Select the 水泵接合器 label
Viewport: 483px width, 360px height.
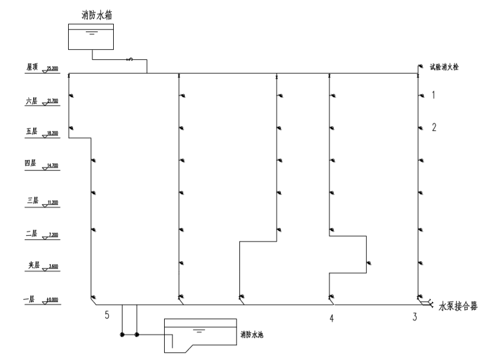tap(458, 306)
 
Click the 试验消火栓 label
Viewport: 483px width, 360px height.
tap(444, 67)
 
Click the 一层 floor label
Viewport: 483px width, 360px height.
tap(30, 300)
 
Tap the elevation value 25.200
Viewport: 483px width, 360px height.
tap(52, 68)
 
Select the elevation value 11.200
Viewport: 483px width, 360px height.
tap(52, 201)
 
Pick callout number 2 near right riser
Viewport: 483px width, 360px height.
tap(434, 127)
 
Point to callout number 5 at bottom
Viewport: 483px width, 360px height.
tap(107, 314)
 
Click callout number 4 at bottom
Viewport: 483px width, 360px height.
tap(331, 318)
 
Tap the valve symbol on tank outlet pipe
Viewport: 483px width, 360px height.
tap(129, 59)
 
